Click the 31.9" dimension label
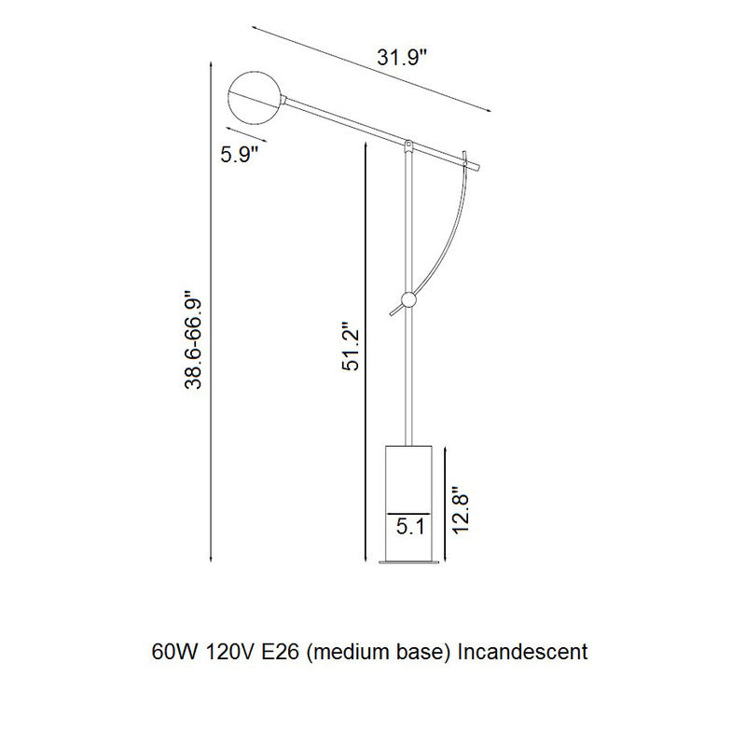[401, 58]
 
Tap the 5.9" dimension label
[240, 155]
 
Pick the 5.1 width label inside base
[410, 527]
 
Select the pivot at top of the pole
[408, 145]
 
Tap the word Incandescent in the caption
[525, 651]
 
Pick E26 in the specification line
[281, 651]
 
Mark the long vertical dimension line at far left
[214, 373]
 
